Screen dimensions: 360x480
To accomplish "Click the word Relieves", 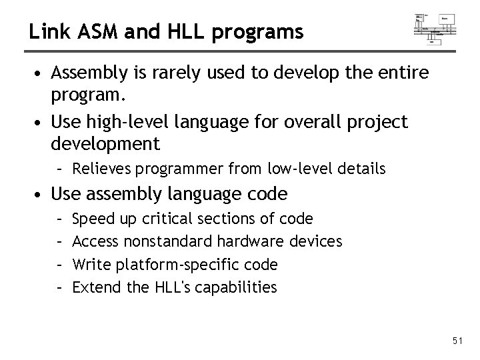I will [99, 169].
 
